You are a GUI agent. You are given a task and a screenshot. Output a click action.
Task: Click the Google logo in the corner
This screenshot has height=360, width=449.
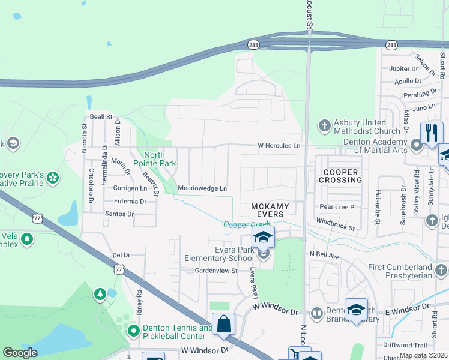pyautogui.click(x=20, y=353)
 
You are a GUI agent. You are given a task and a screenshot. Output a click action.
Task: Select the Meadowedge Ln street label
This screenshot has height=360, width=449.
pyautogui.click(x=202, y=188)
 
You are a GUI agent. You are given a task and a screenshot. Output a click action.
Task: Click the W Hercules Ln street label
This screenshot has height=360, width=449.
pyautogui.click(x=279, y=146)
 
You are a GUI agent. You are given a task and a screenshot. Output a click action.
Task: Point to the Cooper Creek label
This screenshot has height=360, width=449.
pyautogui.click(x=243, y=225)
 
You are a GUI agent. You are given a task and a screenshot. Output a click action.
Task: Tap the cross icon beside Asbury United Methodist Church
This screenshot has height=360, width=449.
pyautogui.click(x=324, y=125)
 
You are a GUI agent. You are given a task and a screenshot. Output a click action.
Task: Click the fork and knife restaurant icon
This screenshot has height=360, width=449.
pyautogui.click(x=431, y=132)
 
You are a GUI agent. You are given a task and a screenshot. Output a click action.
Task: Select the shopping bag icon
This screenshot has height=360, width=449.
pyautogui.click(x=223, y=324)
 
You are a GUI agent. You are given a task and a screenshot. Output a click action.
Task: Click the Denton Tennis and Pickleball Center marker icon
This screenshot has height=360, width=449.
pyautogui.click(x=133, y=331)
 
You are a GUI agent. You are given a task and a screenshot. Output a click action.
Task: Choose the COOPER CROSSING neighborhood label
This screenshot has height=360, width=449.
pyautogui.click(x=340, y=176)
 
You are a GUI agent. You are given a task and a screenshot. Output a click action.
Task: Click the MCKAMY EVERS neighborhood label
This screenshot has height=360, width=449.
pyautogui.click(x=270, y=210)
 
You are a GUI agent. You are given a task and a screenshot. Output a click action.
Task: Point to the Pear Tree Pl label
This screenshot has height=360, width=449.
pyautogui.click(x=339, y=206)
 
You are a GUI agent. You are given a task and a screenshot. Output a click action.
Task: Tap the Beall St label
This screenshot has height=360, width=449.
pyautogui.click(x=101, y=116)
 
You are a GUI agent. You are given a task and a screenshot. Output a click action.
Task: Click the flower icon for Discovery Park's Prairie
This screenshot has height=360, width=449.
pyautogui.click(x=53, y=178)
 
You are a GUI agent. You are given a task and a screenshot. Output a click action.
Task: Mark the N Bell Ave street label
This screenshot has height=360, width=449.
pyautogui.click(x=325, y=255)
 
